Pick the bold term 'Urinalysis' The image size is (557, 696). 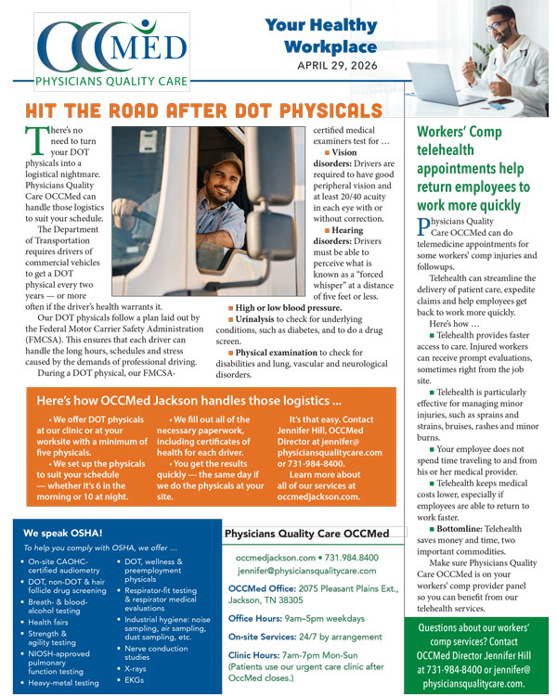pos(261,318)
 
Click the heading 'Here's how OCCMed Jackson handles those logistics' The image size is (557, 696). pos(188,401)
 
